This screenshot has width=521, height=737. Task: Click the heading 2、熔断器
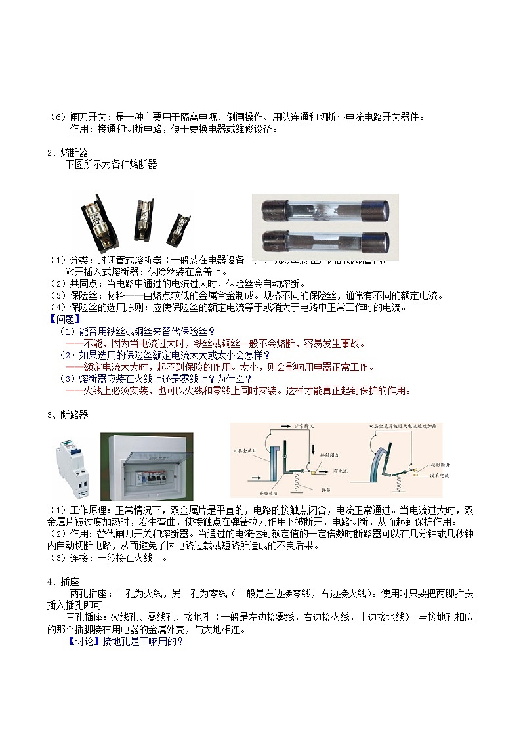pyautogui.click(x=68, y=152)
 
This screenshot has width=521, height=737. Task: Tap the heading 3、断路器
pyautogui.click(x=68, y=415)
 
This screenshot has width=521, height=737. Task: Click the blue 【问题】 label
pyautogui.click(x=63, y=319)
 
